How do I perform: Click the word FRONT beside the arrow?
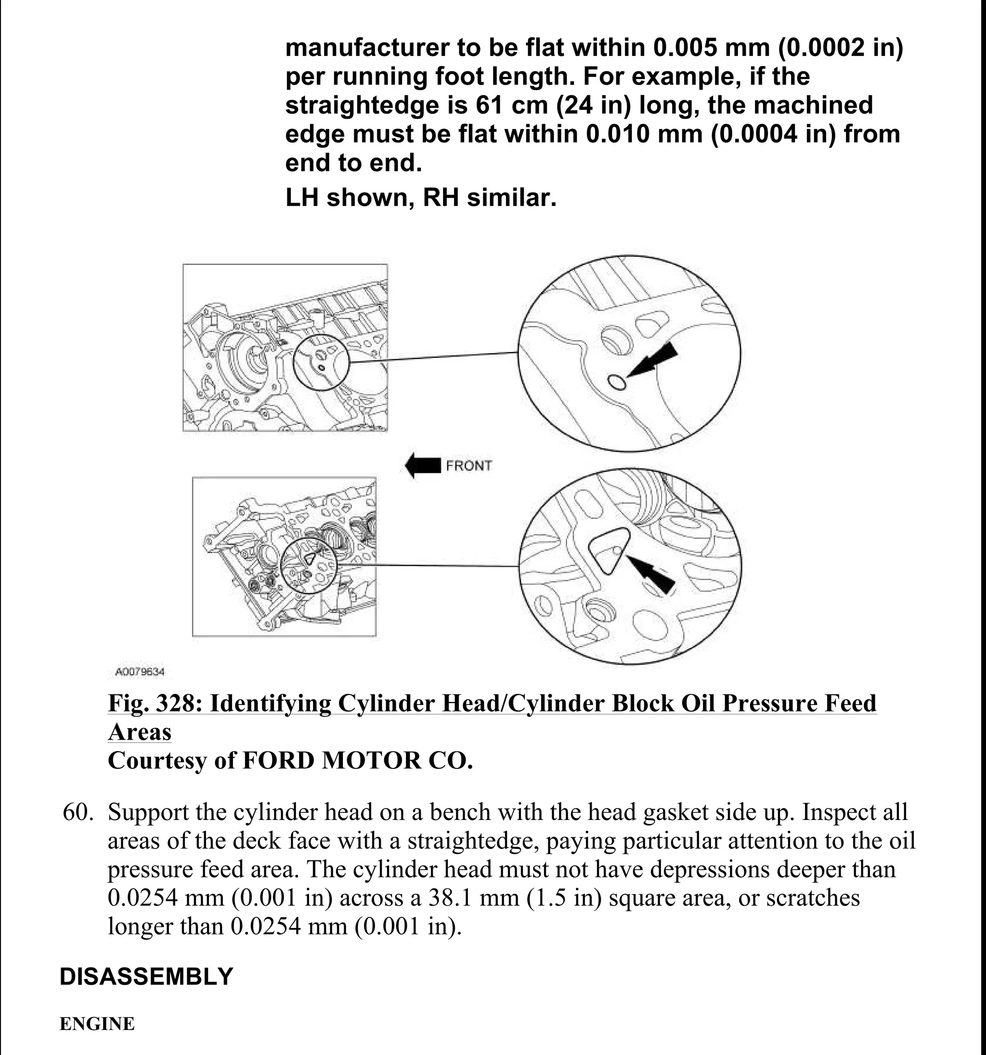coord(468,466)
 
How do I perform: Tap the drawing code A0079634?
coord(140,672)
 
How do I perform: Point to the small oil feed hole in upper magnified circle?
coord(616,381)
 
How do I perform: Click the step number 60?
coord(78,812)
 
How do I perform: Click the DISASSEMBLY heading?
coord(146,977)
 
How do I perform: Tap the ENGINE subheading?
coord(97,1024)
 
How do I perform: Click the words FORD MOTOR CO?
coord(357,760)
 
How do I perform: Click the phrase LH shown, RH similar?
coord(421,198)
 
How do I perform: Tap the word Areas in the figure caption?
coord(140,732)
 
